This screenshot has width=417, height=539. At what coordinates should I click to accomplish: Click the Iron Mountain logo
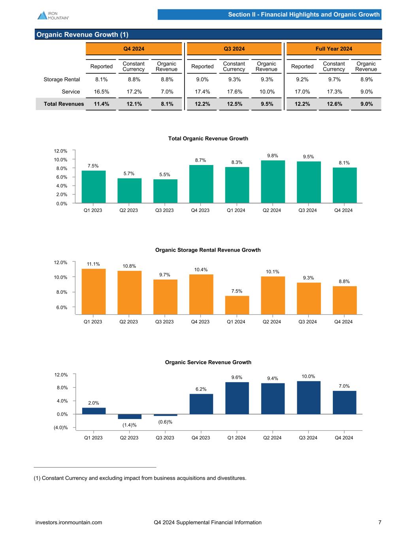[53, 15]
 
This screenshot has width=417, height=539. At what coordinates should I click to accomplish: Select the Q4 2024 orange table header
[134, 49]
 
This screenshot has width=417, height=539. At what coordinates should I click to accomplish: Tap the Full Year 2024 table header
[334, 49]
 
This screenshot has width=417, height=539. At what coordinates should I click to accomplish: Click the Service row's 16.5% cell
[102, 92]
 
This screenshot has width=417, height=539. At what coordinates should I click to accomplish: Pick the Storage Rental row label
[62, 79]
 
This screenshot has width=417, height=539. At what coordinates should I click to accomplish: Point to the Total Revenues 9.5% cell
[267, 104]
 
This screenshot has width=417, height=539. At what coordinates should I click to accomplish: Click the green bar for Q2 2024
[273, 182]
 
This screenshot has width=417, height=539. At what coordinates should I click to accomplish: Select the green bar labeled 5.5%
[165, 191]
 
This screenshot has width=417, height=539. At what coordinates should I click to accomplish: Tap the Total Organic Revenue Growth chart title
[208, 139]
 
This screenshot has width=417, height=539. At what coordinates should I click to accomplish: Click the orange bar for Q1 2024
[237, 305]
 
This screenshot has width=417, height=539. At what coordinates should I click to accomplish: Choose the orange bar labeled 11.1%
[94, 291]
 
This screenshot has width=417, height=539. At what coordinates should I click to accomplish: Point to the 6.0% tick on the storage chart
[61, 307]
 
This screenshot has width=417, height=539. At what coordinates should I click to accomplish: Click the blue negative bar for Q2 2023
[130, 417]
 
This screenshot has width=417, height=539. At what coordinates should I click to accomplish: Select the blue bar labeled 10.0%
[309, 397]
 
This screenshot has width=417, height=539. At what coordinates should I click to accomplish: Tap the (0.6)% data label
[165, 422]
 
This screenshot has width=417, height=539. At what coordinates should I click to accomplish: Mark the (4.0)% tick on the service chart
[60, 428]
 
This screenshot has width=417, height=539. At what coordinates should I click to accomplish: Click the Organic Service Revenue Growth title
[208, 362]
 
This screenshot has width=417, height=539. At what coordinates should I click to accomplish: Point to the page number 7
[380, 522]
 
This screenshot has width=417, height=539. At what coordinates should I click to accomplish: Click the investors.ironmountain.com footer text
[69, 522]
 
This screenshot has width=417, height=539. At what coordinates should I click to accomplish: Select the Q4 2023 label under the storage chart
[200, 322]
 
